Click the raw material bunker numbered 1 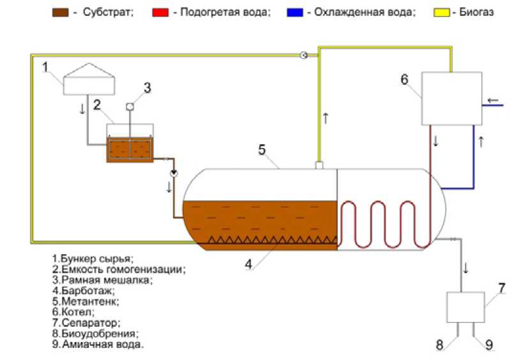pyautogui.click(x=89, y=82)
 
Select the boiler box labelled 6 pyautogui.click(x=451, y=98)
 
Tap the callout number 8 pyautogui.click(x=440, y=345)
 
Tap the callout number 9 pyautogui.click(x=488, y=345)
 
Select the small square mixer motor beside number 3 pyautogui.click(x=130, y=106)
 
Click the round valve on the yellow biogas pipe pyautogui.click(x=305, y=56)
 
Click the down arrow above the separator pyautogui.click(x=465, y=269)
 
